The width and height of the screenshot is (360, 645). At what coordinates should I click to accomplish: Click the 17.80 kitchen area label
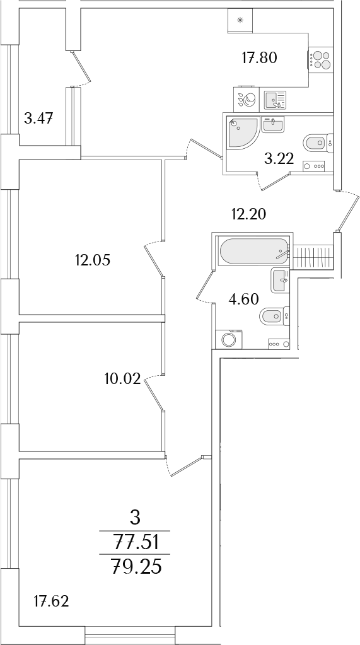(x=259, y=58)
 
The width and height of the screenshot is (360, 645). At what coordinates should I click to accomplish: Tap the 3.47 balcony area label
(x=39, y=119)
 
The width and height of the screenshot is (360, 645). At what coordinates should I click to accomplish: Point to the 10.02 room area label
(x=123, y=378)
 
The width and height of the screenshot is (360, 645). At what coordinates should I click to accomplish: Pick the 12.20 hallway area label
(x=248, y=214)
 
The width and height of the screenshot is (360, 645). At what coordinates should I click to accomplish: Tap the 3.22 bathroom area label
(x=279, y=158)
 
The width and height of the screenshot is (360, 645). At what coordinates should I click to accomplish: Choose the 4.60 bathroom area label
(x=243, y=299)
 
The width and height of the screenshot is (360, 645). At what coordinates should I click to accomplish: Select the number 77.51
(x=135, y=543)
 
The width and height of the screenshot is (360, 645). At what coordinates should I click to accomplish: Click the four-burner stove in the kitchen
(x=320, y=60)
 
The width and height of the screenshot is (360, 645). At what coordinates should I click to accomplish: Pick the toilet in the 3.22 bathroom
(x=318, y=142)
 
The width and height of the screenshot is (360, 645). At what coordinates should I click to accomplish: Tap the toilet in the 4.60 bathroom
(x=274, y=317)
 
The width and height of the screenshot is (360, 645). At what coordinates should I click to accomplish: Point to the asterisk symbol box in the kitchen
(x=241, y=20)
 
